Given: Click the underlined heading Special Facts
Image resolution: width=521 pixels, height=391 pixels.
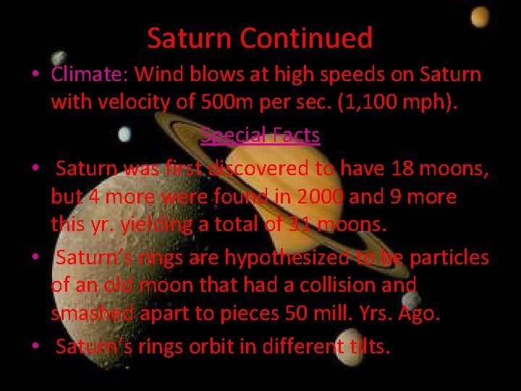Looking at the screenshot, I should pyautogui.click(x=260, y=135).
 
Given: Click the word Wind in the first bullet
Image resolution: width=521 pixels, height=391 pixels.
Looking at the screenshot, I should pyautogui.click(x=159, y=74).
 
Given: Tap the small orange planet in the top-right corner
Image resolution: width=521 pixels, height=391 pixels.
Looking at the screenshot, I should pyautogui.click(x=479, y=17).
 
